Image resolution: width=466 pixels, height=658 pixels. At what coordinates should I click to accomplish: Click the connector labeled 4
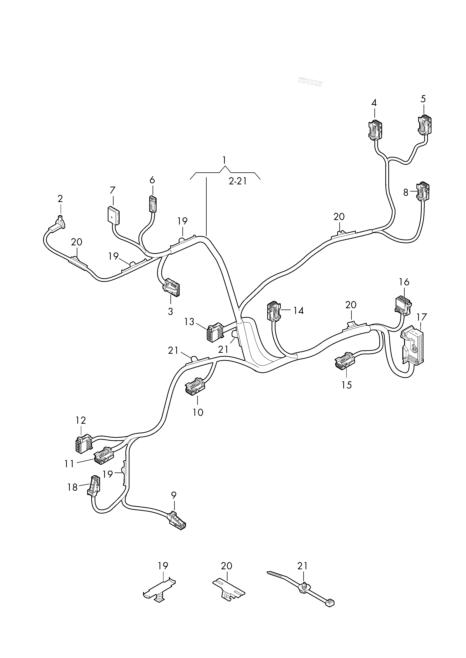pos(375,130)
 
